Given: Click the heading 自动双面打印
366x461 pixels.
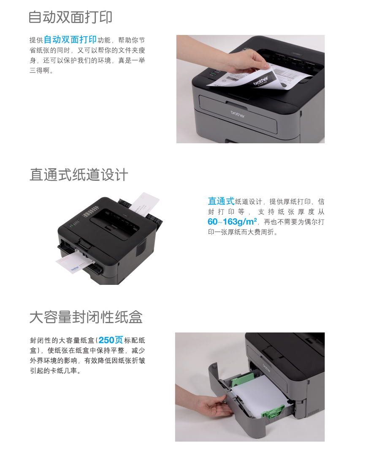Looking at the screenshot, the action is (x=70, y=17).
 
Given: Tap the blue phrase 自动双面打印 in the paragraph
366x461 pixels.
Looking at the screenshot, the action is (x=70, y=40).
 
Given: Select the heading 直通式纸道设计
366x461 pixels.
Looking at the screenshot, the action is (x=79, y=174).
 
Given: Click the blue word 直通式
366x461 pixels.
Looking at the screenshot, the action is (x=221, y=201).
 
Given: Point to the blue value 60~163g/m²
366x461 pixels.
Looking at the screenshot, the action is (x=232, y=221).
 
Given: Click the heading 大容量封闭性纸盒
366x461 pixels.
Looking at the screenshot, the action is (x=86, y=317).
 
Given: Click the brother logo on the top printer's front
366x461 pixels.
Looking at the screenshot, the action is (x=238, y=114).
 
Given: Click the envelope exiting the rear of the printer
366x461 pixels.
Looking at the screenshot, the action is (x=144, y=204).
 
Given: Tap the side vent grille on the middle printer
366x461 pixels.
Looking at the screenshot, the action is (x=141, y=247).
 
